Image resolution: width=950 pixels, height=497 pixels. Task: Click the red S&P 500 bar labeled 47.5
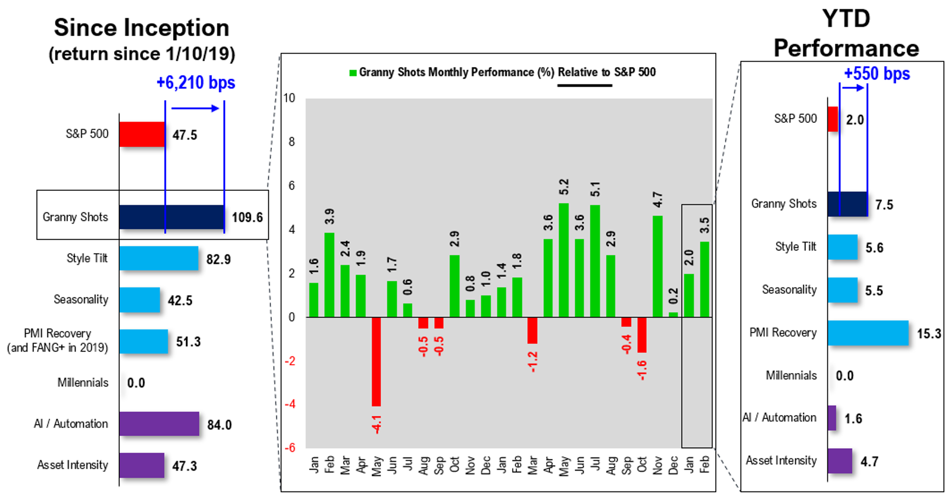pyautogui.click(x=142, y=135)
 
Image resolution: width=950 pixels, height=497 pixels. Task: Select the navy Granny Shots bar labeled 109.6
pyautogui.click(x=171, y=217)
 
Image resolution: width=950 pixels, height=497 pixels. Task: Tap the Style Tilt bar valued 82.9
pyautogui.click(x=159, y=258)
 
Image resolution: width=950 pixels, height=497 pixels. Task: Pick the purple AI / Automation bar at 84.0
pyautogui.click(x=159, y=424)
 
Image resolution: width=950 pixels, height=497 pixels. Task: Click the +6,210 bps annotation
pyautogui.click(x=195, y=83)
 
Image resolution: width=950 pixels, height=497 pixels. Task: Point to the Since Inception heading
pyautogui.click(x=142, y=28)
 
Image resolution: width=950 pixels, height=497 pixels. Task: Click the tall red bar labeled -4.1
pyautogui.click(x=376, y=361)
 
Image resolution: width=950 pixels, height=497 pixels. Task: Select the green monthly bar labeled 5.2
pyautogui.click(x=564, y=260)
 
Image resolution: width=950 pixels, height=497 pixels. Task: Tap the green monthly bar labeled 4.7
pyautogui.click(x=657, y=267)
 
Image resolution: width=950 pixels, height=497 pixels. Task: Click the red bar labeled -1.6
pyautogui.click(x=642, y=335)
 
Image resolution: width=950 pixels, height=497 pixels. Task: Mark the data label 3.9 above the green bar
pyautogui.click(x=330, y=216)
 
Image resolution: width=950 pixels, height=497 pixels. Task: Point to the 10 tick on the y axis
pyautogui.click(x=289, y=98)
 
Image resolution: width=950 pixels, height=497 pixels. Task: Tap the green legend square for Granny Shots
pyautogui.click(x=353, y=73)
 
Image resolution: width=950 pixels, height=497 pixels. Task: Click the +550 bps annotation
pyautogui.click(x=876, y=74)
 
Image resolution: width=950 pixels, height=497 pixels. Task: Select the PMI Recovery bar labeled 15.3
pyautogui.click(x=868, y=333)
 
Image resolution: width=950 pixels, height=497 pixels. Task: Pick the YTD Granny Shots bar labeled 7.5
pyautogui.click(x=848, y=204)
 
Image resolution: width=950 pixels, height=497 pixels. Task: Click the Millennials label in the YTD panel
pyautogui.click(x=791, y=376)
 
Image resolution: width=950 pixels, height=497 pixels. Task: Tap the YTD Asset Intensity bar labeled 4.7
pyautogui.click(x=840, y=461)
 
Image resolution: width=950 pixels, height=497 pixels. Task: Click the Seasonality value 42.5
pyautogui.click(x=180, y=301)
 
